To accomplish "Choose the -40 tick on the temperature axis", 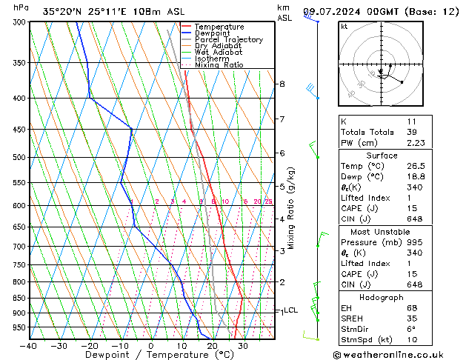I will click(29, 346).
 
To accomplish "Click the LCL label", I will click(291, 310).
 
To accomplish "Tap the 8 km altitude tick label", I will click(282, 84).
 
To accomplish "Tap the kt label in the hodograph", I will click(344, 27).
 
